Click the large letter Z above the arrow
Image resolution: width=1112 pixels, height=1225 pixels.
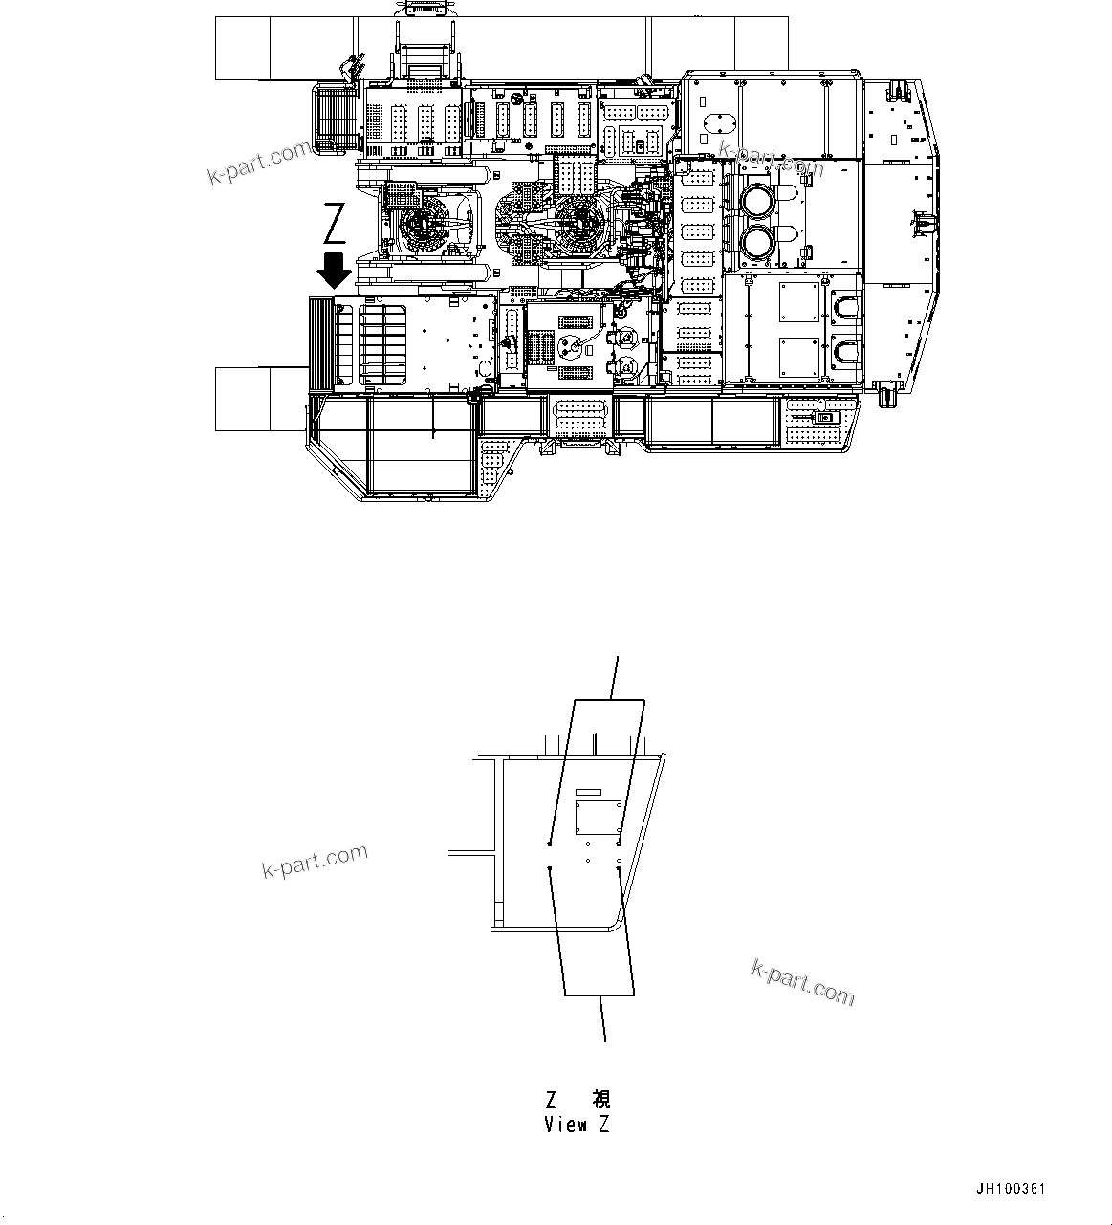point(334,225)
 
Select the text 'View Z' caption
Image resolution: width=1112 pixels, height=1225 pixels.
point(577,1126)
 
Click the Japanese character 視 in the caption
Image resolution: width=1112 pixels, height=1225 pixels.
point(600,1100)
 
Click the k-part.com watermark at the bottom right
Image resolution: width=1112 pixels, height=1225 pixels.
point(802,982)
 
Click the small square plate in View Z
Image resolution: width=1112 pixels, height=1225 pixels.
point(597,820)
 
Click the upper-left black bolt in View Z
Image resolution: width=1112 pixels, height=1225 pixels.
point(549,843)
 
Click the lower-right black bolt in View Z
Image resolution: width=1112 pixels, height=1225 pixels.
point(621,869)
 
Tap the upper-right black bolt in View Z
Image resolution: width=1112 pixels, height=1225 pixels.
point(621,843)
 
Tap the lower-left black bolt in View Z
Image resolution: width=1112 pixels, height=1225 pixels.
point(550,868)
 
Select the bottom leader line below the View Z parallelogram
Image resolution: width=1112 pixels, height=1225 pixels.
point(602,1018)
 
